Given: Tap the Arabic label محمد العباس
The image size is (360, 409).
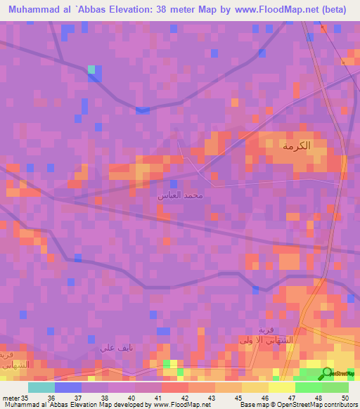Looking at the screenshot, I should point(180,195).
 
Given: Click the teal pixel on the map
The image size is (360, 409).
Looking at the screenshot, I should point(91,69).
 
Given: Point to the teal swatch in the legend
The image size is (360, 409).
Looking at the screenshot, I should point(41,387).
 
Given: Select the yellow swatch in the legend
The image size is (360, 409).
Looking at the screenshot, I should point(255,387).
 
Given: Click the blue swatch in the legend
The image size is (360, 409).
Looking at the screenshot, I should point(67,387).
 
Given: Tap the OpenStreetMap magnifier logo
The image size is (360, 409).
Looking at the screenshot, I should point(328,373).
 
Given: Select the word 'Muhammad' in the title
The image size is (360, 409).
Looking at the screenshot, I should point(30,9).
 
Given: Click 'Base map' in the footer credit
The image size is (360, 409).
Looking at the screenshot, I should point(251,405).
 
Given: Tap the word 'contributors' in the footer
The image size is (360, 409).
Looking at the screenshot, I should point(339,405).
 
